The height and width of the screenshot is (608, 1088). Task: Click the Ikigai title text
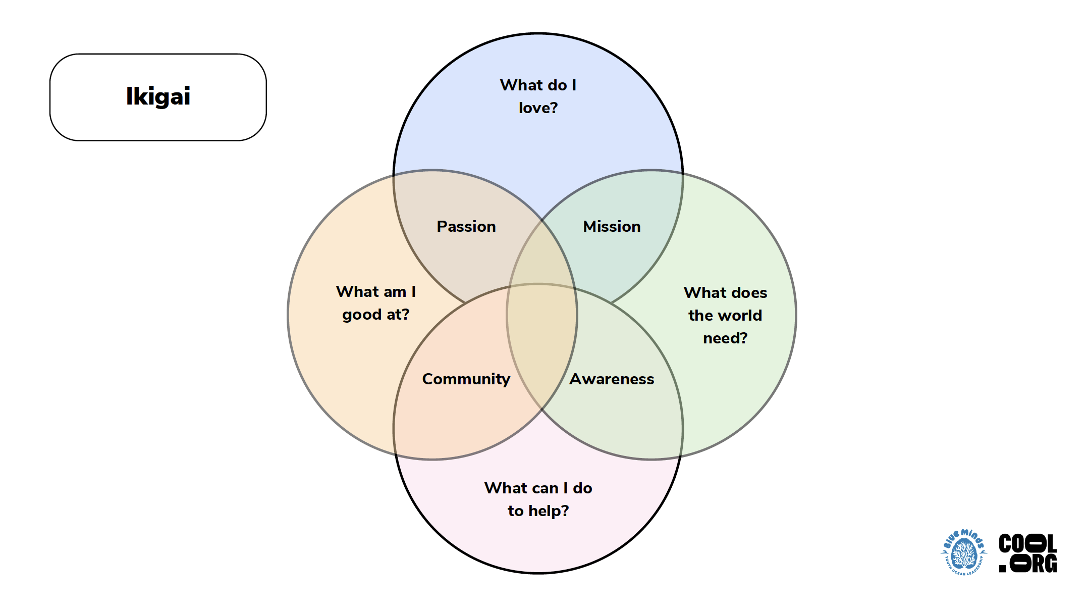coord(158,96)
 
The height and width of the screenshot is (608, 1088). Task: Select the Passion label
coord(466,227)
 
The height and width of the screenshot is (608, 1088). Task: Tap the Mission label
coord(612,227)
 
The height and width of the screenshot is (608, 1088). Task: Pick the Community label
coord(466,379)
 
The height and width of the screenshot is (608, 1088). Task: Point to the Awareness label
coord(612,379)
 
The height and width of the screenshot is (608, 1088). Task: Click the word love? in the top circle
coord(538,108)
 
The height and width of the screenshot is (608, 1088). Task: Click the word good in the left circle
coord(362,315)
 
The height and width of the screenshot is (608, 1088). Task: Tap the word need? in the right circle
coord(725,338)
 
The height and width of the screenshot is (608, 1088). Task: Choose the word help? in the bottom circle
coord(549,511)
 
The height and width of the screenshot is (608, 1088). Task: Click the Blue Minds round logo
coord(964,552)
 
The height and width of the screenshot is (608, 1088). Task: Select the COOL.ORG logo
coord(1027,553)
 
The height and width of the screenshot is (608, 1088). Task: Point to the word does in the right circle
coord(749,293)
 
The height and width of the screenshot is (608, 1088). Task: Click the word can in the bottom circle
coord(543,488)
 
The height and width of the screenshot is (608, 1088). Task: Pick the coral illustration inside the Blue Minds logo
coord(964,554)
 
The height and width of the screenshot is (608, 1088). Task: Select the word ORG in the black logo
coord(1033,564)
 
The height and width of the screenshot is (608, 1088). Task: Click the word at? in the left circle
coord(398,315)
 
